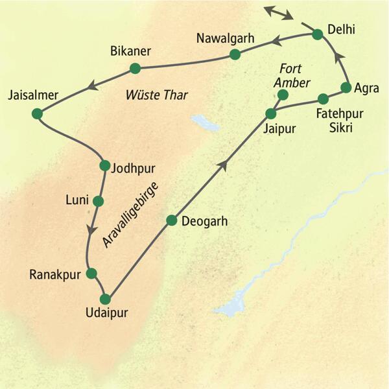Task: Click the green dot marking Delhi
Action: click(317, 34)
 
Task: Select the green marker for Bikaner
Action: click(135, 68)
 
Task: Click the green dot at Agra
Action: click(346, 88)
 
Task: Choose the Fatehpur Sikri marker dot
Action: click(323, 99)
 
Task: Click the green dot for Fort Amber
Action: click(282, 95)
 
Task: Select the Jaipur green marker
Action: click(270, 113)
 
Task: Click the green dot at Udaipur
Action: click(106, 300)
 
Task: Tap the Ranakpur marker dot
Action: click(91, 273)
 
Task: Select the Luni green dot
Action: click(98, 200)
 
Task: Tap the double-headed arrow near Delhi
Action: click(277, 13)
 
